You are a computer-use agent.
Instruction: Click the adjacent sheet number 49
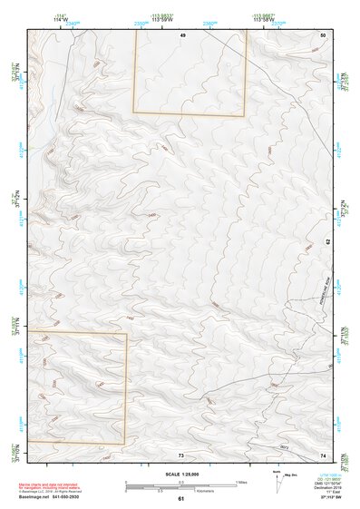(182, 34)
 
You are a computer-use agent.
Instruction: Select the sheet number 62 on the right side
(326, 242)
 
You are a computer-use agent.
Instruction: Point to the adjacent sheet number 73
(181, 455)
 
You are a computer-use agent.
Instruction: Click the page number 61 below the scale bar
(180, 499)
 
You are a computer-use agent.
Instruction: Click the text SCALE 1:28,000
(180, 474)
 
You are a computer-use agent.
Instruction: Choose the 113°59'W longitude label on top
(163, 19)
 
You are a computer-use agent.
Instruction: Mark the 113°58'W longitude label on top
(264, 19)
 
